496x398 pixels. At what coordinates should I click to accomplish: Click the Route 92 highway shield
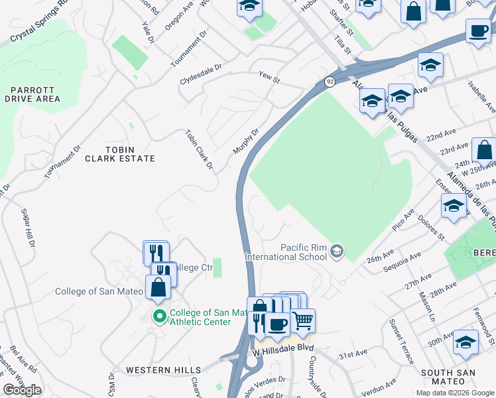point(330,81)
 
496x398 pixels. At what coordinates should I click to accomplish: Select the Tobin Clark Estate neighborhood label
point(119,154)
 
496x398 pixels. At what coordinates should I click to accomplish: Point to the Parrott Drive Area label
point(32,94)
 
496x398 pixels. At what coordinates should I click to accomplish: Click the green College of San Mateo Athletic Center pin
point(158,315)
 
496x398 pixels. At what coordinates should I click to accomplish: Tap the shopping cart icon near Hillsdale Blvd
point(303,320)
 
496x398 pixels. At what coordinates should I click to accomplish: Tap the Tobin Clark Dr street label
point(199,149)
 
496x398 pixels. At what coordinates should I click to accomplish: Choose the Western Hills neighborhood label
point(163,369)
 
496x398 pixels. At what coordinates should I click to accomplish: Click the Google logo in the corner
point(22,389)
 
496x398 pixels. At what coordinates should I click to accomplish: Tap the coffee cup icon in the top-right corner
point(478,31)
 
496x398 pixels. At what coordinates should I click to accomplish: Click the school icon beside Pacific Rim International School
point(338,250)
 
